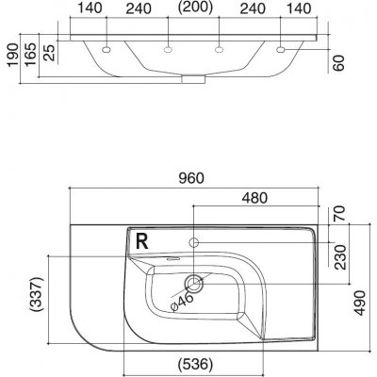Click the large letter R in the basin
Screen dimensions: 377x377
tap(142, 241)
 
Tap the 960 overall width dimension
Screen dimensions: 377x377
tap(191, 178)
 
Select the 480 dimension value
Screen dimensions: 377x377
tap(254, 198)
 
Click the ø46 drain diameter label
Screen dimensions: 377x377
tap(182, 302)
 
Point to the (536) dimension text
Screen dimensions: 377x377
tap(195, 365)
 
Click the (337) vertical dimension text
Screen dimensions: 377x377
tap(37, 294)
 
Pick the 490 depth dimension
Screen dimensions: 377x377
tap(359, 303)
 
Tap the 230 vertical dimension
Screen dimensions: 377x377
tap(340, 257)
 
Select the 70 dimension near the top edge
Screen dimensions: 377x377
tap(340, 214)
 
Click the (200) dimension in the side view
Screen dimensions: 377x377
tap(195, 7)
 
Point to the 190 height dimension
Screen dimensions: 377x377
tap(13, 56)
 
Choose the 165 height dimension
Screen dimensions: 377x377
tap(31, 55)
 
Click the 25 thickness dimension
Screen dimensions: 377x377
tap(49, 53)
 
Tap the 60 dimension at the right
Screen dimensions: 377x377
tap(338, 63)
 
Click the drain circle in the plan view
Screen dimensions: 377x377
tap(194, 283)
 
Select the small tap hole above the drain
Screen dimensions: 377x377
tap(193, 242)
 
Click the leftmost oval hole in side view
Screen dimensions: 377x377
tap(107, 50)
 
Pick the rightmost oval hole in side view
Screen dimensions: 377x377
tap(281, 50)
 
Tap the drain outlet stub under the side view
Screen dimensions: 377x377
tap(193, 79)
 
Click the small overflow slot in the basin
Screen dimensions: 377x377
tap(172, 259)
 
